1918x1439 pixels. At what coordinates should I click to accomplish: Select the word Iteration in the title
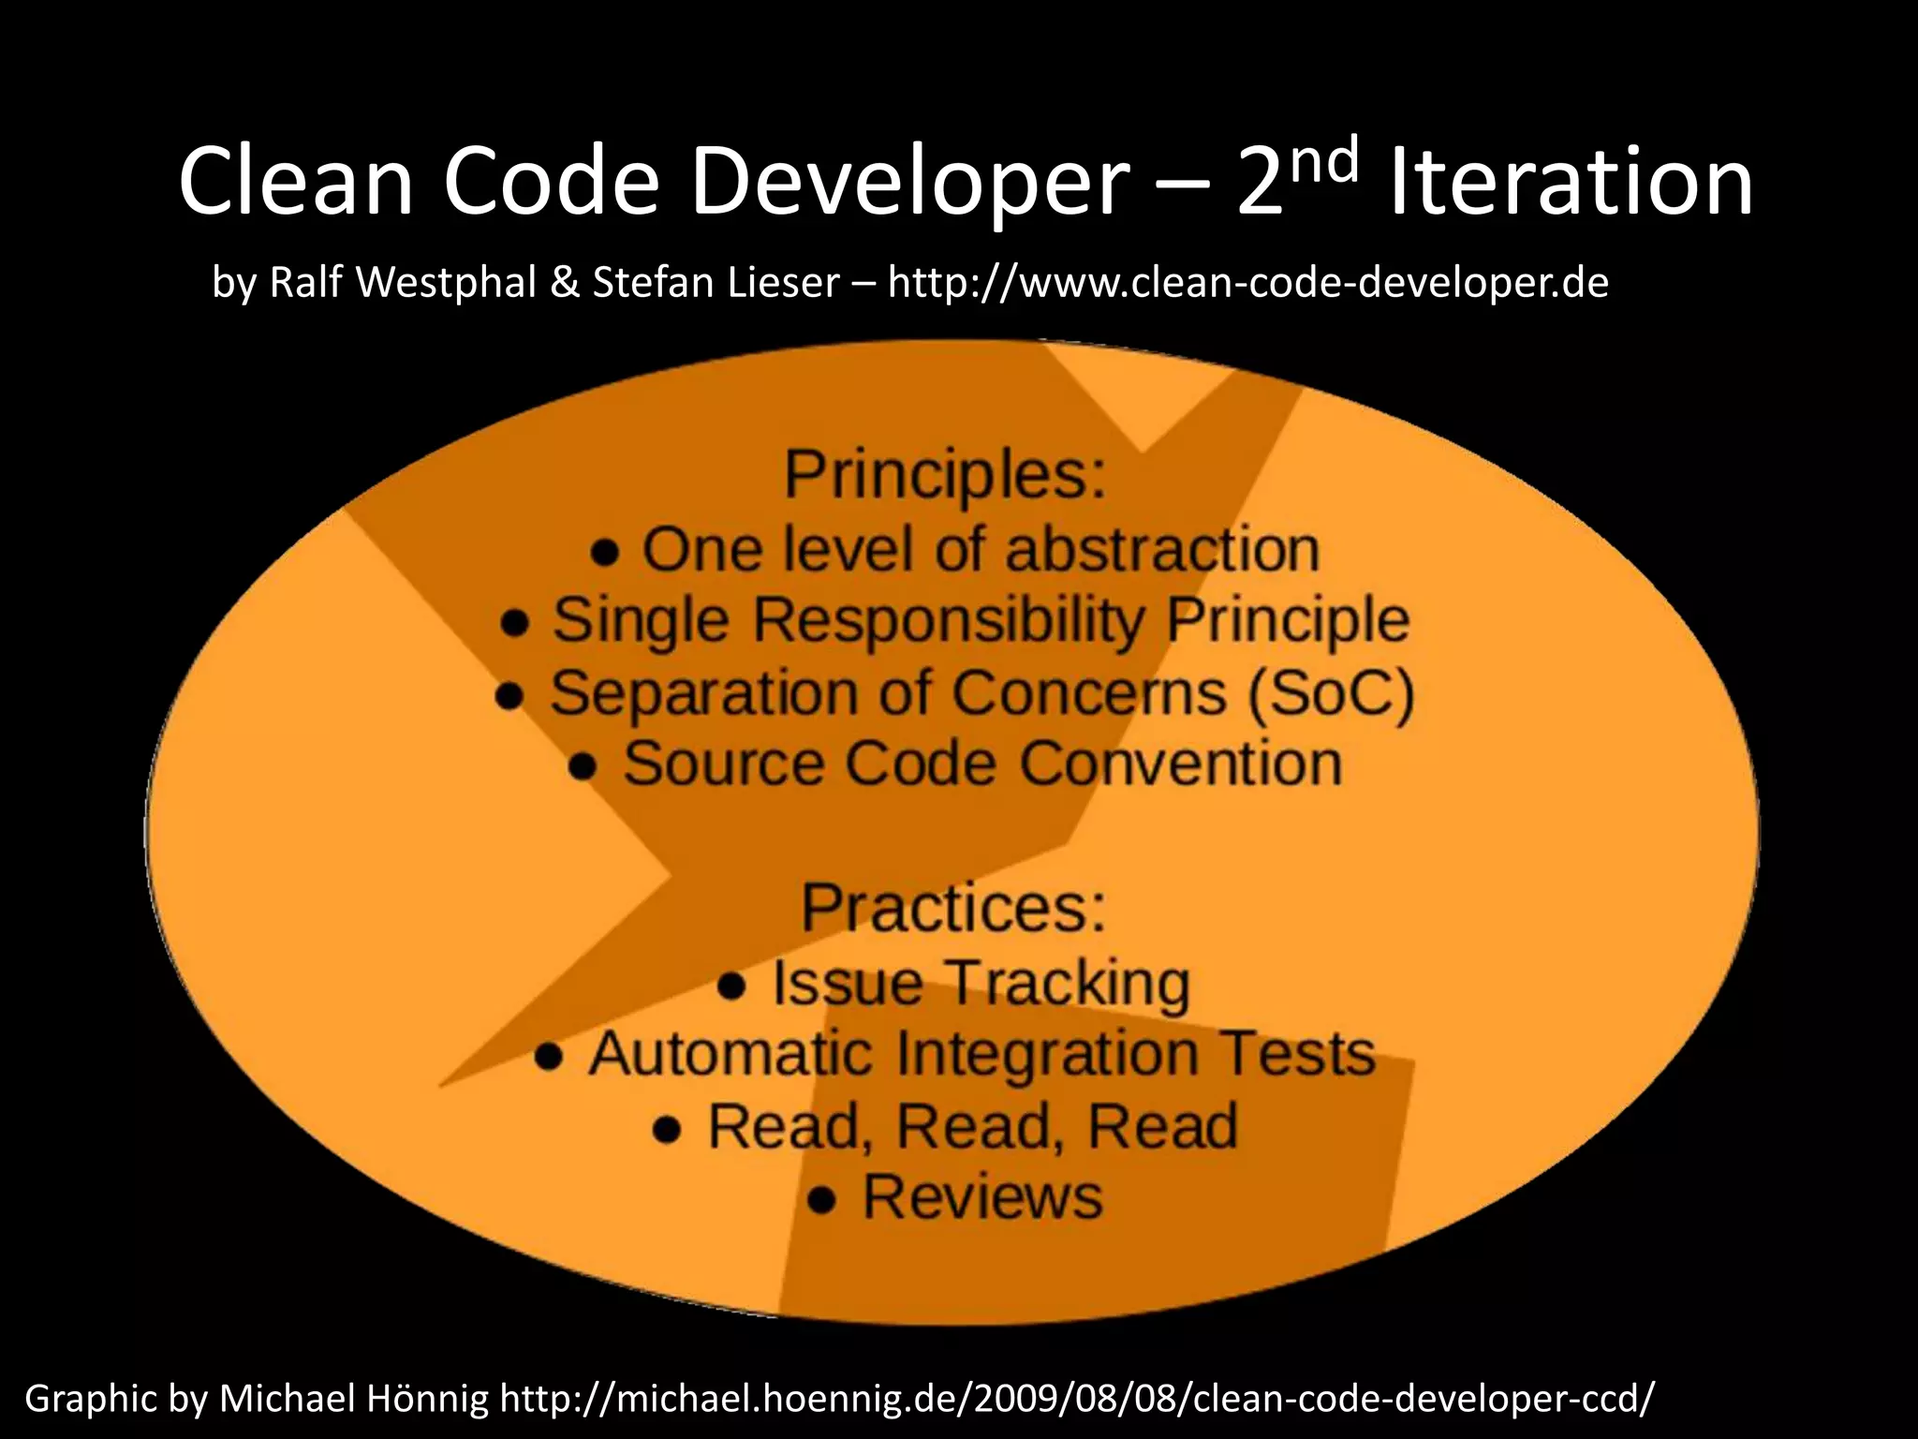tap(1570, 183)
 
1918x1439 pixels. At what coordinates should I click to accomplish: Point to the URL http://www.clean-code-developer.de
tap(1247, 282)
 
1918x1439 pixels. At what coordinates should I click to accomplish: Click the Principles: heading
tap(944, 475)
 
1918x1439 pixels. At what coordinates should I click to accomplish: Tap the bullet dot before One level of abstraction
tap(605, 553)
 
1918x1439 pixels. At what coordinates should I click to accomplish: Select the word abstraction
tap(1161, 549)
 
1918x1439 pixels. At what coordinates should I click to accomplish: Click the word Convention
tap(1180, 764)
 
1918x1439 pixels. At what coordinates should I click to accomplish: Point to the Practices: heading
tap(952, 908)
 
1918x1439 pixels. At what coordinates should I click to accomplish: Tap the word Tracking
tap(1070, 983)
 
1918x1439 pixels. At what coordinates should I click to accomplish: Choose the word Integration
tap(1047, 1054)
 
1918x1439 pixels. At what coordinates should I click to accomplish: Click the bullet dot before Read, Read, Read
tap(667, 1130)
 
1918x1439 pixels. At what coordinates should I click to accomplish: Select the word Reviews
tap(982, 1197)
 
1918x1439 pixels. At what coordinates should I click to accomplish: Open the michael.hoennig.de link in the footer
tap(1077, 1399)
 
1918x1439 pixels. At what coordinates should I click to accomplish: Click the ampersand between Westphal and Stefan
tap(565, 282)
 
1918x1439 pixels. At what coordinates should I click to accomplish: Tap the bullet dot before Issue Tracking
tap(731, 987)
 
